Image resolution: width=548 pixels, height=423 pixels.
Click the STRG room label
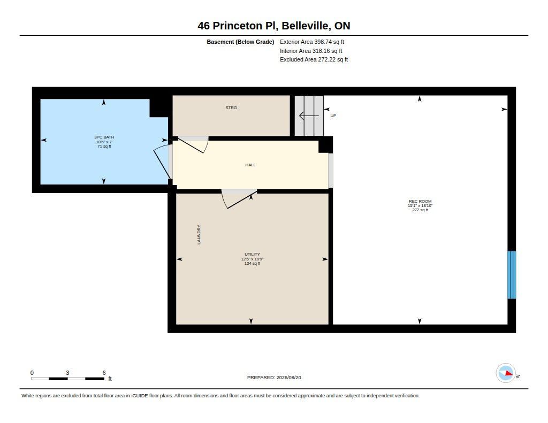(231, 107)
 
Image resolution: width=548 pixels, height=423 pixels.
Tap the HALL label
(250, 165)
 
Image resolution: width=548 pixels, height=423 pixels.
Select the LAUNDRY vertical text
(199, 234)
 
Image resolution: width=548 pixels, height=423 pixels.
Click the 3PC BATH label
(104, 137)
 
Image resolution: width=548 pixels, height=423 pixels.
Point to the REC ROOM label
(420, 201)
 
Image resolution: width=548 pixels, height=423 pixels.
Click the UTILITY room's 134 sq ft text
(253, 263)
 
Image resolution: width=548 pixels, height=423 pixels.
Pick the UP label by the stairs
(333, 116)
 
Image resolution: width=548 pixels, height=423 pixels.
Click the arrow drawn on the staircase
(309, 116)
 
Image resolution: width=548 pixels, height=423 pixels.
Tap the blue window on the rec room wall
(512, 275)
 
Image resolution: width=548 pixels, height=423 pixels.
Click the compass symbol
(506, 373)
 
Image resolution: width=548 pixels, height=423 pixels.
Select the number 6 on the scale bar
(104, 373)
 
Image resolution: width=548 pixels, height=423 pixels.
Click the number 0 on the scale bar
(32, 373)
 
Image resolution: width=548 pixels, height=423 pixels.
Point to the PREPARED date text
(274, 378)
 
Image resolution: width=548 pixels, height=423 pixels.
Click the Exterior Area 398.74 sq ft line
(312, 42)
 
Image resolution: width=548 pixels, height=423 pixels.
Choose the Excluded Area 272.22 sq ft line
(314, 60)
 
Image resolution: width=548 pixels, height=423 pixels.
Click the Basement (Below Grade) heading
(240, 42)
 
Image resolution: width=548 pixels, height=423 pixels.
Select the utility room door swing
(239, 199)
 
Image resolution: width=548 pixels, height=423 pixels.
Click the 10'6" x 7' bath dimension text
(104, 142)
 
